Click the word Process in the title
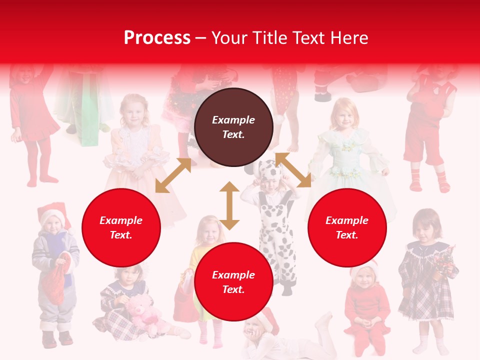[157, 38]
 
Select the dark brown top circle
[233, 127]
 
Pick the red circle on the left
[121, 227]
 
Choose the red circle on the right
[347, 227]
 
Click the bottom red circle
[233, 282]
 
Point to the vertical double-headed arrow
[229, 205]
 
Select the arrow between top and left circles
[173, 175]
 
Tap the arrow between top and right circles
[293, 170]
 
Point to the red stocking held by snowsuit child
[56, 277]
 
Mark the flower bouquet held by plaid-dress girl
[443, 260]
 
